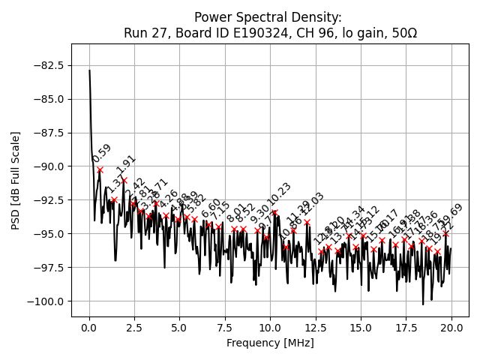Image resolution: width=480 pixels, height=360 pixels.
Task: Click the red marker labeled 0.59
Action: pos(100,169)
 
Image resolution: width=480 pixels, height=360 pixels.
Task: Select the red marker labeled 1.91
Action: pos(124,180)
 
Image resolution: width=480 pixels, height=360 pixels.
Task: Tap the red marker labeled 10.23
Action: pos(274,212)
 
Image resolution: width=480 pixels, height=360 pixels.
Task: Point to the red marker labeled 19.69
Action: pos(445,234)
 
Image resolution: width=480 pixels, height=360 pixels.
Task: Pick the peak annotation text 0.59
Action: pos(102,153)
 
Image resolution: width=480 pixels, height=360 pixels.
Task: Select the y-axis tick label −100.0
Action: pos(46,301)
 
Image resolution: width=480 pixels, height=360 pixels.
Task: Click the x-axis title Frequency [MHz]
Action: pos(270,343)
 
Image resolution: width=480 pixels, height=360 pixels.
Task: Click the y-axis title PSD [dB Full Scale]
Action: pos(16,180)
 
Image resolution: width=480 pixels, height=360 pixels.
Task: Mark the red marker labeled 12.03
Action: pos(307,223)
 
